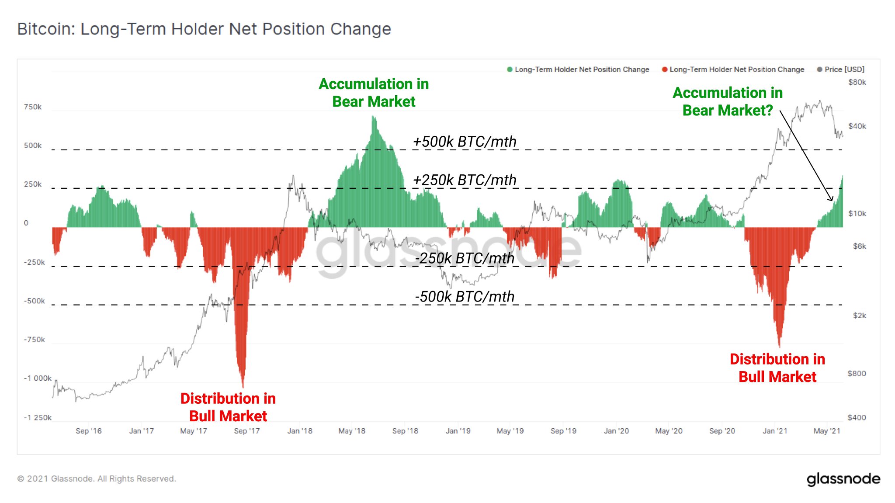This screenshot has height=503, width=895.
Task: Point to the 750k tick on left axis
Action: pyautogui.click(x=33, y=107)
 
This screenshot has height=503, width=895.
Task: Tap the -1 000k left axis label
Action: pyautogui.click(x=38, y=378)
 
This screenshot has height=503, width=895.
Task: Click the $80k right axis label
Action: pyautogui.click(x=857, y=82)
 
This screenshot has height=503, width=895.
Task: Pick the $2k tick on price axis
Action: pyautogui.click(x=859, y=316)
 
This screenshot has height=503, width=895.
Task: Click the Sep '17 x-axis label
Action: pyautogui.click(x=247, y=431)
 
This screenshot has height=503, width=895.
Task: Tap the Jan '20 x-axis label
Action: pyautogui.click(x=616, y=431)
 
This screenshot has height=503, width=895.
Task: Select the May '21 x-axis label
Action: pyautogui.click(x=827, y=431)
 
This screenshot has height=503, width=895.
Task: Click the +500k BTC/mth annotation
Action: pyautogui.click(x=465, y=142)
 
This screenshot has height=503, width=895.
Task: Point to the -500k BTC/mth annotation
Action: pyautogui.click(x=465, y=297)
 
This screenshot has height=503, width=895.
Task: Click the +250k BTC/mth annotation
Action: pyautogui.click(x=465, y=180)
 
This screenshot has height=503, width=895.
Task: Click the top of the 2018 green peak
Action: pyautogui.click(x=373, y=117)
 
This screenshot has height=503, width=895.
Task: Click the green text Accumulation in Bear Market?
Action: pyautogui.click(x=728, y=101)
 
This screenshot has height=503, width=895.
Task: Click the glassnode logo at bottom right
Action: pyautogui.click(x=843, y=479)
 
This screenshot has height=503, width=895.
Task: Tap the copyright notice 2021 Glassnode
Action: pyautogui.click(x=97, y=479)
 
